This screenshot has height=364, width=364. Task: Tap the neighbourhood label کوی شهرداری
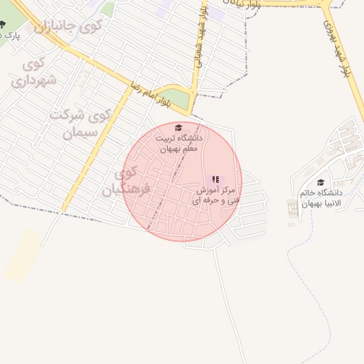[x=33, y=72]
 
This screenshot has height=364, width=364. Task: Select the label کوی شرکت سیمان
[x=80, y=122]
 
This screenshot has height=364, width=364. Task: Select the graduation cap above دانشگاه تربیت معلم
[x=178, y=128]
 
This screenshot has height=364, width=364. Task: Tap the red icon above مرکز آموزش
[x=215, y=179]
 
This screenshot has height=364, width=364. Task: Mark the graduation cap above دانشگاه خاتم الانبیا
[x=320, y=183]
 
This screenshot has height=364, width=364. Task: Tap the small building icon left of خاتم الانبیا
[x=292, y=208]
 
